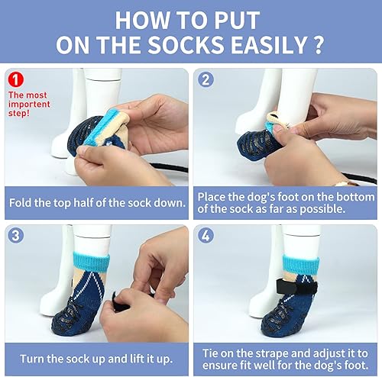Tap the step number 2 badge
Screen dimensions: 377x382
(206, 79)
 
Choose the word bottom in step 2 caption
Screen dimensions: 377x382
(348, 197)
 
